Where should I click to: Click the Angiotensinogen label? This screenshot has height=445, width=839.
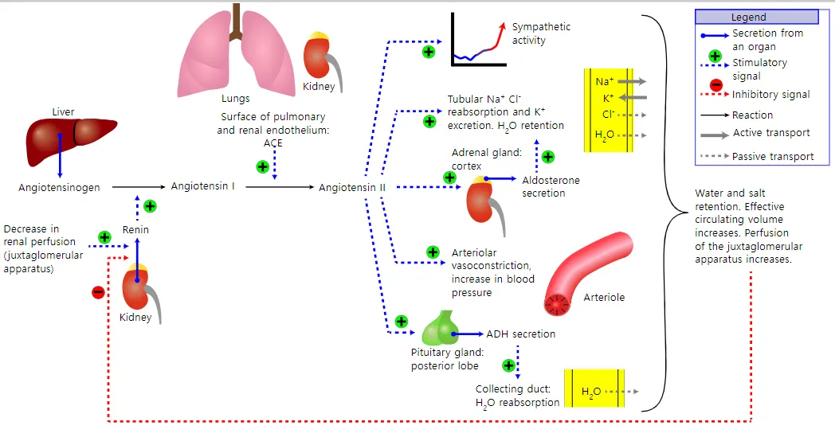tap(60, 188)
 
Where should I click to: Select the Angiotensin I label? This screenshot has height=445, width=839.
tap(202, 186)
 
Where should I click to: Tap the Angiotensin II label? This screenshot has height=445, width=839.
tap(352, 188)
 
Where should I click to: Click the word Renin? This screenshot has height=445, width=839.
tap(135, 230)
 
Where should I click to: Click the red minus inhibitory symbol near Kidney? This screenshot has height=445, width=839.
tap(98, 292)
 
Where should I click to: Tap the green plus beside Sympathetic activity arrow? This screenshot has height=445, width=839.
tap(429, 53)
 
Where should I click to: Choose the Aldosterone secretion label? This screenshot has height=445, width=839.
tap(551, 187)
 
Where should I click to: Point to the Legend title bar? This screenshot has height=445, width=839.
tap(756, 17)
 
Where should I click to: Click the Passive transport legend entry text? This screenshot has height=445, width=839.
tap(773, 157)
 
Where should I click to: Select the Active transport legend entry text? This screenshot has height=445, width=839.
tap(771, 133)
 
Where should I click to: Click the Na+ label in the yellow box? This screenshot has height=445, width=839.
tap(604, 81)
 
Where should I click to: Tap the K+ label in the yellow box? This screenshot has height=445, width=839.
tap(608, 98)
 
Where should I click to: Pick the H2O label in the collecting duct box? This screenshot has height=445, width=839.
tap(591, 392)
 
